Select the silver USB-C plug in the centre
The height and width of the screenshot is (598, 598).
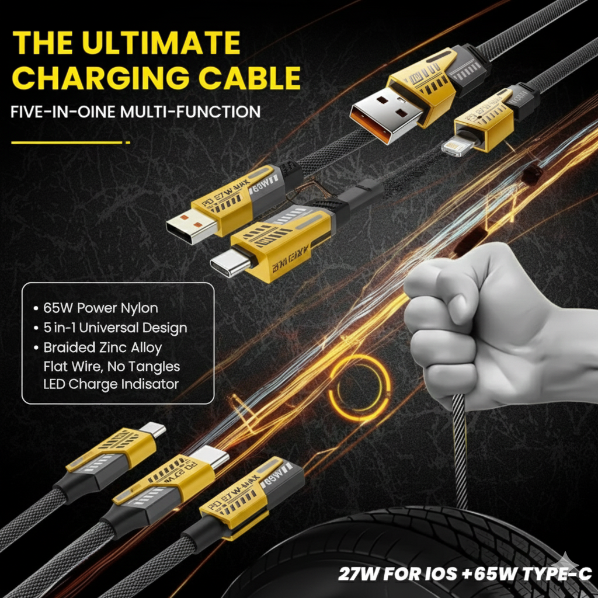230,264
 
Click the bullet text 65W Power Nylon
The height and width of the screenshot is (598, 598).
100,308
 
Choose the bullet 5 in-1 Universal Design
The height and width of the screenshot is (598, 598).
115,328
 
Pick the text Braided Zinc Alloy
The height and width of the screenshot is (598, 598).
103,347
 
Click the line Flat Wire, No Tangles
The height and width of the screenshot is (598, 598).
112,367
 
